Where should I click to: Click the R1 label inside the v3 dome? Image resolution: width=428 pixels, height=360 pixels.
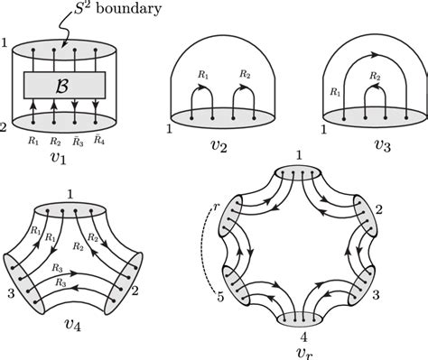337,91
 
